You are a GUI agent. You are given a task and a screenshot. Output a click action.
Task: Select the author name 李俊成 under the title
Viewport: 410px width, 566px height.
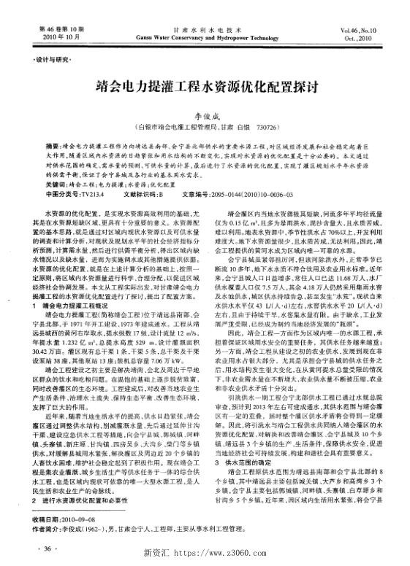pos(205,115)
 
